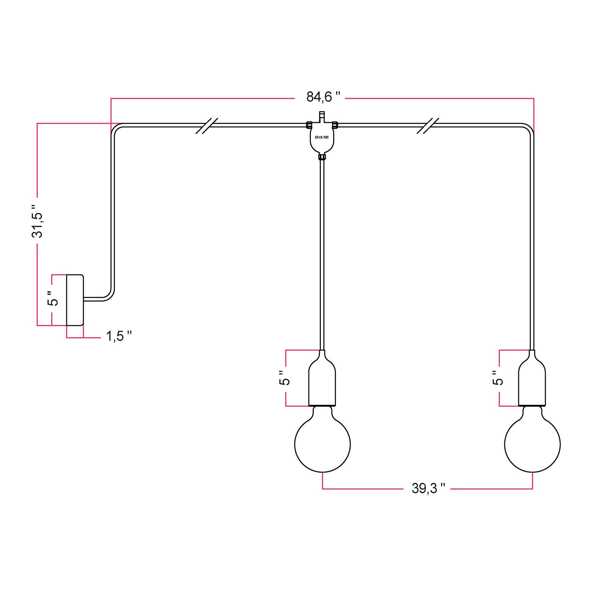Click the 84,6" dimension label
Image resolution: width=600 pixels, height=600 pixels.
[x=323, y=97]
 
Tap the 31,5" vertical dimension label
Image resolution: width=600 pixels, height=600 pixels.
[x=38, y=221]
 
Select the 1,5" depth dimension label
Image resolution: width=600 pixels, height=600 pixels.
[x=119, y=336]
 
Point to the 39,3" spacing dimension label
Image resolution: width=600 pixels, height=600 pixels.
[x=428, y=488]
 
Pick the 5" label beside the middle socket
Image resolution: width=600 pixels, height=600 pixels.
[x=284, y=378]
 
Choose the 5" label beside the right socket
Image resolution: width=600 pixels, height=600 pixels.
[x=498, y=378]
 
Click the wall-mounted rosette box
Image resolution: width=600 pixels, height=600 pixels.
[x=75, y=300]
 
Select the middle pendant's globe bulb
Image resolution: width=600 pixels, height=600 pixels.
[x=322, y=444]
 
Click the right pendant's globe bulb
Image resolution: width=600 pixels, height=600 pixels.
[x=532, y=444]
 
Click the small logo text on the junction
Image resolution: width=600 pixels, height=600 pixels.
[x=322, y=137]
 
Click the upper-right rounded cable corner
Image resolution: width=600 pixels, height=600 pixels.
[x=529, y=128]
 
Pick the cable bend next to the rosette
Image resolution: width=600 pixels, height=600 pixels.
[x=109, y=296]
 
